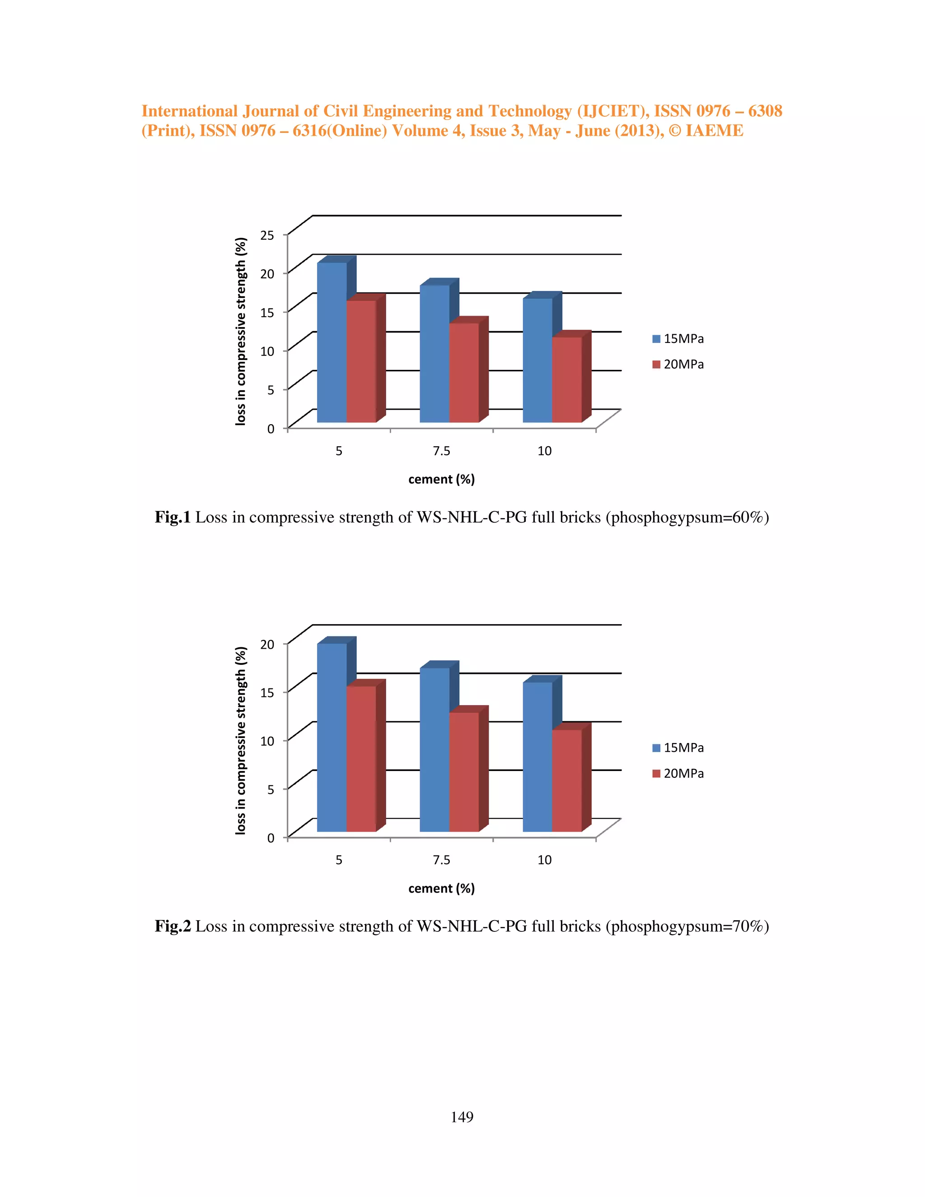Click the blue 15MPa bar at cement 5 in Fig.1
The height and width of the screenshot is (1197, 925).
332,342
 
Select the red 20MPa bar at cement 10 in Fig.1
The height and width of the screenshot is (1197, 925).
567,379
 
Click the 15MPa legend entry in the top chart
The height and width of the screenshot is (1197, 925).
678,339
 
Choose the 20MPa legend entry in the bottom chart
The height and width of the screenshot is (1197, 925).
678,773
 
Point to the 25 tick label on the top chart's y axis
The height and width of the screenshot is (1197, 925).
267,235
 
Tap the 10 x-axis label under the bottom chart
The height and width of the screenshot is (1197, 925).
544,860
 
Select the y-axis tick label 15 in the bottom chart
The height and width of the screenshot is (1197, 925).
267,692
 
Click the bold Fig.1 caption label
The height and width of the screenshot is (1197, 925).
172,517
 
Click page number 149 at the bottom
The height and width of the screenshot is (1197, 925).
462,1117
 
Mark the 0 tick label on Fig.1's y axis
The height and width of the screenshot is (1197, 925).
271,429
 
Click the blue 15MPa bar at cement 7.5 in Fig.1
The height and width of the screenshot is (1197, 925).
434,354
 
